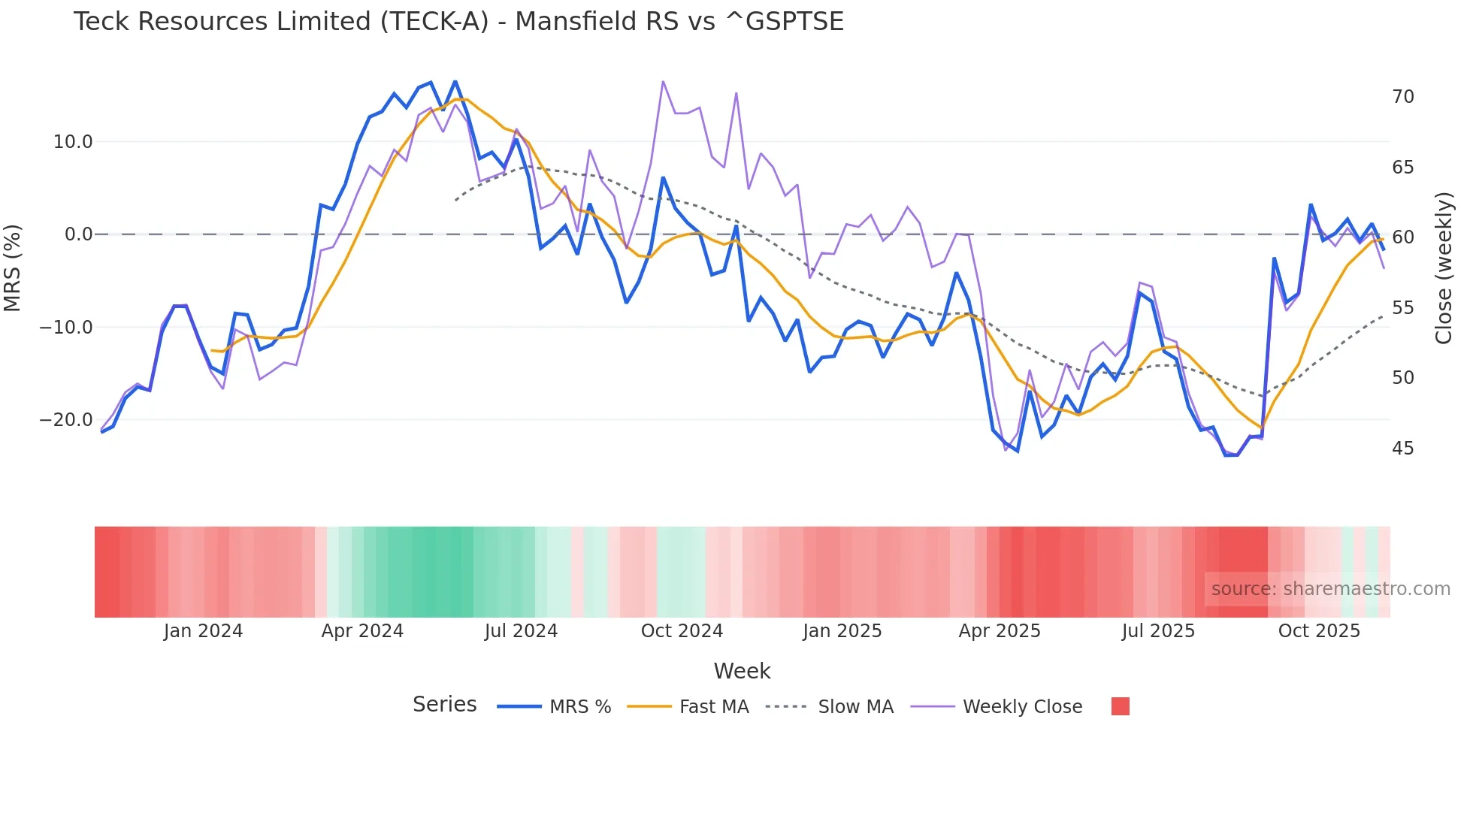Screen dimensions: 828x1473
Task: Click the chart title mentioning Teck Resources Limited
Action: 458,22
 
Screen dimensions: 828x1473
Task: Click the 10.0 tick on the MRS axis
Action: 73,142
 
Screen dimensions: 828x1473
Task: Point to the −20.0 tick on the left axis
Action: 66,420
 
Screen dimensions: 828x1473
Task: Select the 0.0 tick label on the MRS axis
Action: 78,234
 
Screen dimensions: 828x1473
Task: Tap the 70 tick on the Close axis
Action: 1402,97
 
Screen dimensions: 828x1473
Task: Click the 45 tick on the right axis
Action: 1402,449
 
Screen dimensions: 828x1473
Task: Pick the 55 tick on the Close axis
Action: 1402,308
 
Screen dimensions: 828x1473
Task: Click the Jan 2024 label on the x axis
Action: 203,631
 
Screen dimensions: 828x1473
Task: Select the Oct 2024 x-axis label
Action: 682,631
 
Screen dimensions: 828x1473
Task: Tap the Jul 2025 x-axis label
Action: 1158,631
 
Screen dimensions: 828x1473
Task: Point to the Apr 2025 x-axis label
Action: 1000,631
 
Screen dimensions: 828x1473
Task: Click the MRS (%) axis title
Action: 13,268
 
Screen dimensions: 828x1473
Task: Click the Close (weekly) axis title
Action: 1444,268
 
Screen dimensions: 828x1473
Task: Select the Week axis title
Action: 742,671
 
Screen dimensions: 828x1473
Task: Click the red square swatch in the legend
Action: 1120,706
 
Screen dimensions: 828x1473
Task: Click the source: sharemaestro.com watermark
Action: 1330,589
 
